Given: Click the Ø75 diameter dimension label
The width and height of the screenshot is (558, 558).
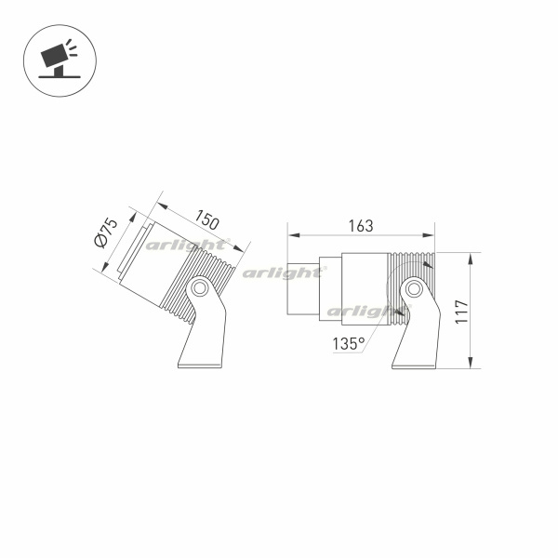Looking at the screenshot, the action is tap(106, 232).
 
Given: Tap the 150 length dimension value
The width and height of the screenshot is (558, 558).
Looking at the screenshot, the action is tap(206, 219).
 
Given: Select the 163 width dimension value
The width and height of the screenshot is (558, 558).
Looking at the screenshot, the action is tap(361, 226).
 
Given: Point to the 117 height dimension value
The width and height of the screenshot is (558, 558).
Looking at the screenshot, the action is tap(461, 312).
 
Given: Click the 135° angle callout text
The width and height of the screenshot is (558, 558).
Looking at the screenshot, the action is tap(349, 344).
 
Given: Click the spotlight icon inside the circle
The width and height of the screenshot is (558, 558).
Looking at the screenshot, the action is tap(59, 60).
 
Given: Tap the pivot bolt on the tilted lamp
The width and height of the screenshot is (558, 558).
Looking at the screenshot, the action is tap(199, 287).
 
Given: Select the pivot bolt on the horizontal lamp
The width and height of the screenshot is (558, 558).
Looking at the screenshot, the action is tap(414, 288).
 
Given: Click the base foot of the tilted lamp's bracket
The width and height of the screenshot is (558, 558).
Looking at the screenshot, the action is tap(201, 365).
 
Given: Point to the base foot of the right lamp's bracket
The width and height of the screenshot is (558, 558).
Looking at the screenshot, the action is tap(414, 365).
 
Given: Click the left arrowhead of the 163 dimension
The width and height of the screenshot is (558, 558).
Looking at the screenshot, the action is tap(294, 235).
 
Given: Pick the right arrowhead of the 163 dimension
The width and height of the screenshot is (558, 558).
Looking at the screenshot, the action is tap(428, 235).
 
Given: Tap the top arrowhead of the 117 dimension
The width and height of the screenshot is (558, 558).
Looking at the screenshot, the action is tap(471, 259).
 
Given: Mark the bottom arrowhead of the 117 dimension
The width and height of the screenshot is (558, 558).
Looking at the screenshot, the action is tap(471, 363).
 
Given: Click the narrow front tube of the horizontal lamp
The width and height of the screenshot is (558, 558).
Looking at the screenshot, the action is tap(303, 288).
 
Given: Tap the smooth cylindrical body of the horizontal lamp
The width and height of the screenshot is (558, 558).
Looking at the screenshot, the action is tap(365, 288).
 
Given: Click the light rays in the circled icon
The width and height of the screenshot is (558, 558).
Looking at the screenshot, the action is tap(72, 47).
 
